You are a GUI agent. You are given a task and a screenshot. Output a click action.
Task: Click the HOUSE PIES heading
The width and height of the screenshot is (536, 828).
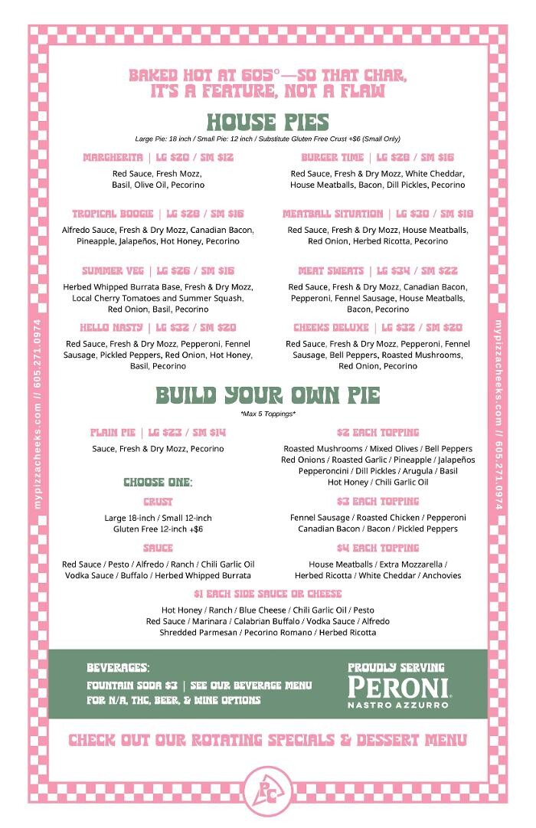pyautogui.click(x=267, y=123)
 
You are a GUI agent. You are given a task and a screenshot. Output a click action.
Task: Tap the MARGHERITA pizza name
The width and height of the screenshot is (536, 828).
pyautogui.click(x=113, y=158)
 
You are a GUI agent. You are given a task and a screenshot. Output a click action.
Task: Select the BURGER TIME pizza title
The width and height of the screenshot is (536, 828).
pyautogui.click(x=332, y=158)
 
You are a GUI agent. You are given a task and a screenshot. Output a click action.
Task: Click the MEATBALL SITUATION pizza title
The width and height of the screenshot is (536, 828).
pyautogui.click(x=332, y=214)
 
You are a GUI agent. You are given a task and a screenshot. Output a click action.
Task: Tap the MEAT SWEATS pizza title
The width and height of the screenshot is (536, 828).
pyautogui.click(x=331, y=271)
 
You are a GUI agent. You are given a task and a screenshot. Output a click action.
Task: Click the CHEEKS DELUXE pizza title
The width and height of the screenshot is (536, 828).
pyautogui.click(x=332, y=328)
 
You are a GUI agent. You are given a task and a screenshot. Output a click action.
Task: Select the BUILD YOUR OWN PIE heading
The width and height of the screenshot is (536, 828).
pyautogui.click(x=267, y=395)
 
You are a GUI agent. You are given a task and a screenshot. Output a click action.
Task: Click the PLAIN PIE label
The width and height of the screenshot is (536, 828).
pyautogui.click(x=114, y=433)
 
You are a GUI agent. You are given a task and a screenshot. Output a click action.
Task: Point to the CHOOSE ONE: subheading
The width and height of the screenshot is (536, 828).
pyautogui.click(x=158, y=483)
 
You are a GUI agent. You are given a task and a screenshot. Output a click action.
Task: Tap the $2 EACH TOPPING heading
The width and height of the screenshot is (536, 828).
pyautogui.click(x=377, y=433)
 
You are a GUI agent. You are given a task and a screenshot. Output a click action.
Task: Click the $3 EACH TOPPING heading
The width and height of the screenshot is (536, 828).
pyautogui.click(x=377, y=502)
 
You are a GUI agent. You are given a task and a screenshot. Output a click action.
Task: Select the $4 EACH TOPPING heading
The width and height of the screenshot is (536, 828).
pyautogui.click(x=377, y=548)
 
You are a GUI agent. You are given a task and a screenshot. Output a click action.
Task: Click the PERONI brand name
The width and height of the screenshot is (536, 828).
pyautogui.click(x=397, y=686)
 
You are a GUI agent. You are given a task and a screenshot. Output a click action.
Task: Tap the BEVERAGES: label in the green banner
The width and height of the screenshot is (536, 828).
pyautogui.click(x=117, y=668)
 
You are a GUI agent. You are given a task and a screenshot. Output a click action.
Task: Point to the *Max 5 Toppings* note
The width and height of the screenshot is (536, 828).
pyautogui.click(x=267, y=414)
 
